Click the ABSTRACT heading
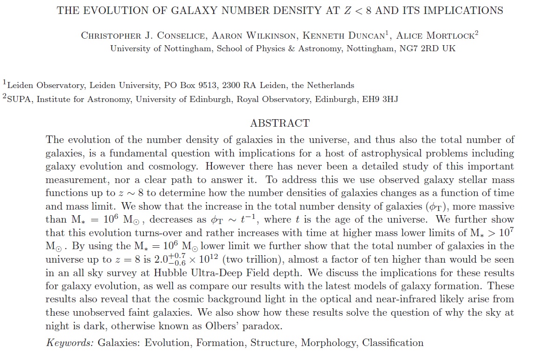point(279,123)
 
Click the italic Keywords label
point(70,343)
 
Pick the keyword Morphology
point(329,343)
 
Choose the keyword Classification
point(393,343)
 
